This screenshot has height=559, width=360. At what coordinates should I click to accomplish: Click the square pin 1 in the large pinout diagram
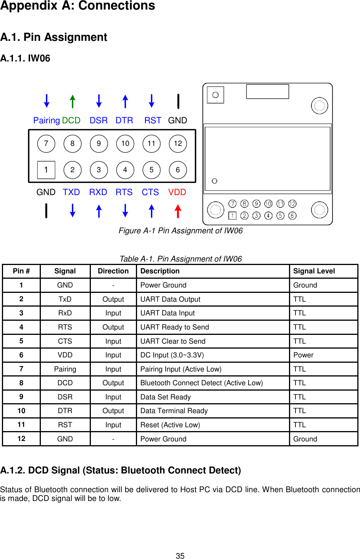tap(46, 170)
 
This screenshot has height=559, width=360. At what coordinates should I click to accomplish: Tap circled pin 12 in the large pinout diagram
tap(178, 144)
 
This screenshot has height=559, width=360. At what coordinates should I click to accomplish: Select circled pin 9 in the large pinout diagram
tap(99, 144)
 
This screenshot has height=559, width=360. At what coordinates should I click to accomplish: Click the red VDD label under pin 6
tap(177, 192)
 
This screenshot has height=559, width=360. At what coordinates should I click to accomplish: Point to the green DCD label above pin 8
tap(71, 120)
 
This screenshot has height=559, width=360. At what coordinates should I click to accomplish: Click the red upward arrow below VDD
tap(178, 211)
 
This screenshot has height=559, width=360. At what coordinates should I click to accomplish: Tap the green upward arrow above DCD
tap(73, 102)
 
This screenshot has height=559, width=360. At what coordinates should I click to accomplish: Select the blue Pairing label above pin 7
tap(47, 120)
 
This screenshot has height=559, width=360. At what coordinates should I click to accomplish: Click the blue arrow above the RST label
tap(152, 101)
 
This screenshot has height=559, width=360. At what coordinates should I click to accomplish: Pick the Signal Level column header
tap(314, 271)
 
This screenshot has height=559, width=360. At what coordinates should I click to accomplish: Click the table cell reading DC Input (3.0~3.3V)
tap(172, 355)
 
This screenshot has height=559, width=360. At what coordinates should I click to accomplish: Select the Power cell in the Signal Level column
tap(303, 355)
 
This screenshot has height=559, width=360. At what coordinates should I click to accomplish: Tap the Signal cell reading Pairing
tap(65, 369)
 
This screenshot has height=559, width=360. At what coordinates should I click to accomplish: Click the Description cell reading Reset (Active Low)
tap(170, 425)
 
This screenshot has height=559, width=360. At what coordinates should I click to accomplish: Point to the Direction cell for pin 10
tap(113, 411)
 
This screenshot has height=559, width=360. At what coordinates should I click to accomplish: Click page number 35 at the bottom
tap(180, 556)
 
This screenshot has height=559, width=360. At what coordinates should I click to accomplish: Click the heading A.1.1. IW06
tap(25, 58)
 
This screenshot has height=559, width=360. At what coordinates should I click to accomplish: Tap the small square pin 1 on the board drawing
tap(232, 216)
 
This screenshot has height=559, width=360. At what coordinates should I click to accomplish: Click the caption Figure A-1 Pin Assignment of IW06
tap(181, 231)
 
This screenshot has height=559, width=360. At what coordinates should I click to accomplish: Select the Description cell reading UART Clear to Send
tap(173, 341)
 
